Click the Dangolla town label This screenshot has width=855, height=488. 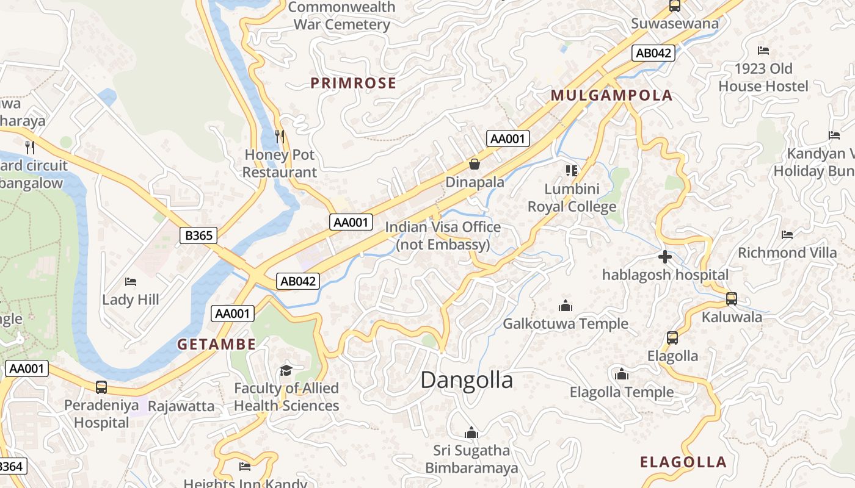tap(467, 380)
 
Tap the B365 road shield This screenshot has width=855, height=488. tap(198, 235)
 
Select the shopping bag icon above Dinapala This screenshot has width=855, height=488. tap(474, 163)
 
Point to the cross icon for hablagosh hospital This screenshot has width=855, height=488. tap(665, 257)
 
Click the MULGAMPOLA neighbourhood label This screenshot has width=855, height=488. tap(611, 95)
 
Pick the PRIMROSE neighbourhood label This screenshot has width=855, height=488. tap(353, 83)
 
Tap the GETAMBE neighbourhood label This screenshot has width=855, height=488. tap(216, 344)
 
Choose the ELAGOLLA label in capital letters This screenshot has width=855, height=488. tap(683, 462)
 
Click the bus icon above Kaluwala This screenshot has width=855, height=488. tap(731, 299)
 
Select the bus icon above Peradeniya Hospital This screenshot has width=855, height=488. tap(101, 387)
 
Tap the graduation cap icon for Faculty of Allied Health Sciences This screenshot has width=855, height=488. tap(286, 370)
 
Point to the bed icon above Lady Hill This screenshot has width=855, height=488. tap(131, 282)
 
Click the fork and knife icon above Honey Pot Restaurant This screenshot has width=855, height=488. tap(280, 137)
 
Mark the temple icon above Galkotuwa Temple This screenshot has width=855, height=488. tap(566, 305)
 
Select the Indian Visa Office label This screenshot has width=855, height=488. tap(443, 235)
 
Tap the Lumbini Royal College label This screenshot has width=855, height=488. tap(572, 198)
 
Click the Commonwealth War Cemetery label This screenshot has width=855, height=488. tap(341, 16)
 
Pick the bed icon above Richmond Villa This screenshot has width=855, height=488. tap(787, 234)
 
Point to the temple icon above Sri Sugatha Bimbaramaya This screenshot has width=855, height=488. tap(471, 433)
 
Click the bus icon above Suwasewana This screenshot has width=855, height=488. tap(675, 6)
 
